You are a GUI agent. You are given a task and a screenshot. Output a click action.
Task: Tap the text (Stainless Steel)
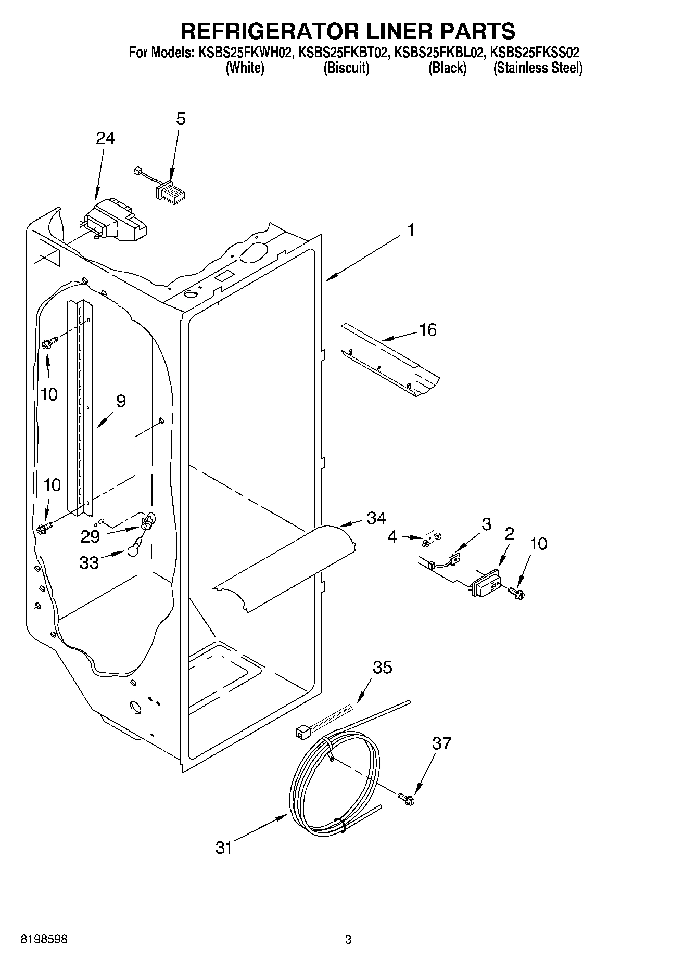537,68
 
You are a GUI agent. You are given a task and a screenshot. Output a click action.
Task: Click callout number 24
105,138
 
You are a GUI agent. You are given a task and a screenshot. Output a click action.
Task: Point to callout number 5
180,119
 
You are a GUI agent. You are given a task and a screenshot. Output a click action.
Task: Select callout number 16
428,330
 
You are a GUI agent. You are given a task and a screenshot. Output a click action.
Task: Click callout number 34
376,518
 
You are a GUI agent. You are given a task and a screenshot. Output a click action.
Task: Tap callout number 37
441,743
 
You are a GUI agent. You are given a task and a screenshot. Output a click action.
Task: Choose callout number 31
224,848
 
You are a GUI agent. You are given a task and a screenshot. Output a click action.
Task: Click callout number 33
89,562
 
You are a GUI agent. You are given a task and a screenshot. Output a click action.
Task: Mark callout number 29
90,536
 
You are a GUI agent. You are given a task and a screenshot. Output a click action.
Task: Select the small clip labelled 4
428,540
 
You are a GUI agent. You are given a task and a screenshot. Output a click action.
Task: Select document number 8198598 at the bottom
44,939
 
